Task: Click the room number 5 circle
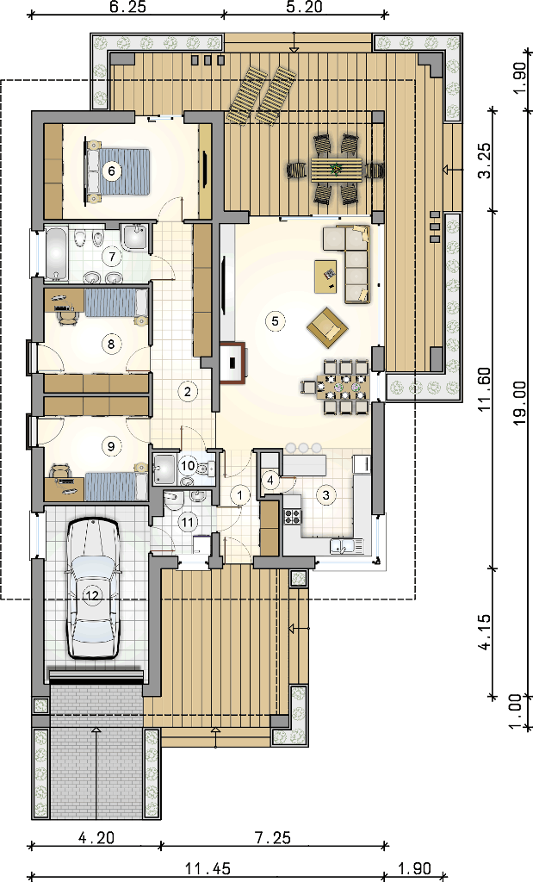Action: [x=275, y=321]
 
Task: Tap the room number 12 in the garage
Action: [x=93, y=594]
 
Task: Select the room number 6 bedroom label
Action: [x=111, y=171]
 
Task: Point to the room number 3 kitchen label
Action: [x=326, y=495]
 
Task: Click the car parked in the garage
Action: [x=93, y=588]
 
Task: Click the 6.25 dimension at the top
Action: [x=127, y=7]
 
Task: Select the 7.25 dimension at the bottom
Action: [x=273, y=837]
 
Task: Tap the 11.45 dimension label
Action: [x=208, y=869]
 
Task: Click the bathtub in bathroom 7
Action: [x=56, y=254]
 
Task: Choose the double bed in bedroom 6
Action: [x=118, y=171]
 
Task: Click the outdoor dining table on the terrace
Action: [x=336, y=170]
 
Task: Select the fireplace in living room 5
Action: [x=232, y=363]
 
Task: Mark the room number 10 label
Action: [x=188, y=466]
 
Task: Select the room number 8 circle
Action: [x=111, y=343]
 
